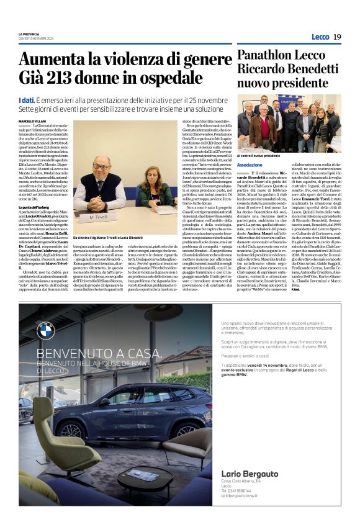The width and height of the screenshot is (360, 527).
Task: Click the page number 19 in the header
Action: pyautogui.click(x=337, y=37)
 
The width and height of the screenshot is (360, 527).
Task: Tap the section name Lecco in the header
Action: pyautogui.click(x=320, y=37)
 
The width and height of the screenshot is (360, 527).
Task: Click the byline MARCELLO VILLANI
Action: pyautogui.click(x=33, y=120)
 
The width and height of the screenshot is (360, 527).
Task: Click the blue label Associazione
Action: pyautogui.click(x=250, y=164)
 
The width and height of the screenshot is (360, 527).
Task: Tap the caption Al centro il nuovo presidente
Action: pyautogui.click(x=259, y=155)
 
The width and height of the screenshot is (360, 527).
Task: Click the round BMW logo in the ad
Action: pyautogui.click(x=45, y=331)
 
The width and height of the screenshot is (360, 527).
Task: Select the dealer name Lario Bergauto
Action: pyautogui.click(x=250, y=474)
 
